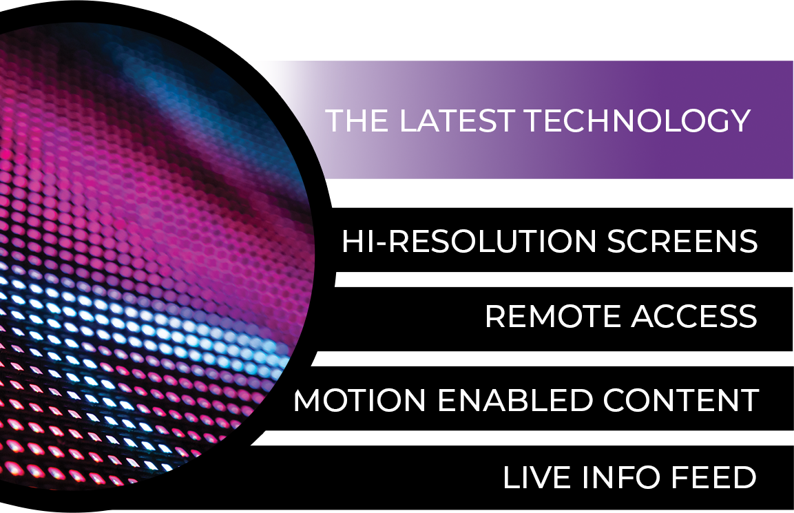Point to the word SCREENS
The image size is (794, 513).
682,241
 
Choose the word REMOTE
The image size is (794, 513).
553,317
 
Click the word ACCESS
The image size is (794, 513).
694,317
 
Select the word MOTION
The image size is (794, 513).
359,400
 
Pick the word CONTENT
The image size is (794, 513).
681,400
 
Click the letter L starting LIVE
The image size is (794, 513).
513,478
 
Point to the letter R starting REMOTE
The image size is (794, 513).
497,317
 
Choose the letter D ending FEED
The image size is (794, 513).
744,478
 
